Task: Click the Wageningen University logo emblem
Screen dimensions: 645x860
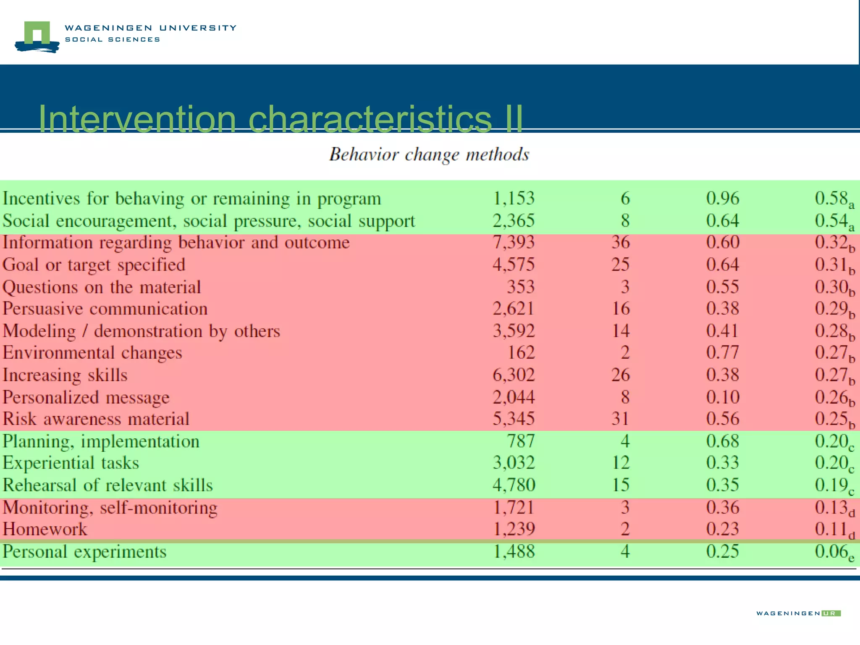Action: pos(37,37)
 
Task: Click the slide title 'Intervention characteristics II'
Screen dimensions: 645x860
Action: pos(281,119)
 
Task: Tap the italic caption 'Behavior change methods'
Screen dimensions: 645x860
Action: pos(429,155)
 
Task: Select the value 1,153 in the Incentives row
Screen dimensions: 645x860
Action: pos(514,198)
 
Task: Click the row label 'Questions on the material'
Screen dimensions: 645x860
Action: pos(102,287)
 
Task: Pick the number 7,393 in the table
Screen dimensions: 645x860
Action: pos(514,242)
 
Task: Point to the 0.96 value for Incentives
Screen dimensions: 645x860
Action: pos(722,198)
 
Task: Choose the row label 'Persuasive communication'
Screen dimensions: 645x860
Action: pos(105,309)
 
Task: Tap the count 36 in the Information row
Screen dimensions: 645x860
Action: pos(620,242)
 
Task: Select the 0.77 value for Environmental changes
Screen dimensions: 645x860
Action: pos(722,352)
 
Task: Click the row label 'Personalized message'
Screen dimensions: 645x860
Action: pos(86,397)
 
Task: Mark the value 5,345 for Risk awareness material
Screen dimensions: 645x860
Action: pos(514,419)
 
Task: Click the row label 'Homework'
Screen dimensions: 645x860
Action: pos(45,529)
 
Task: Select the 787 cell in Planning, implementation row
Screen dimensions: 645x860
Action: pos(521,441)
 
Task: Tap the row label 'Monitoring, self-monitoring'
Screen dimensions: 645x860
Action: pos(110,508)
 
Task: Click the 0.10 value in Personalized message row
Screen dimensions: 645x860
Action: pos(722,397)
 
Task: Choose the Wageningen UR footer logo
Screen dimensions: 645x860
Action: pos(798,614)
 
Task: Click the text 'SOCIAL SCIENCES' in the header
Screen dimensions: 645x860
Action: pos(113,39)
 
